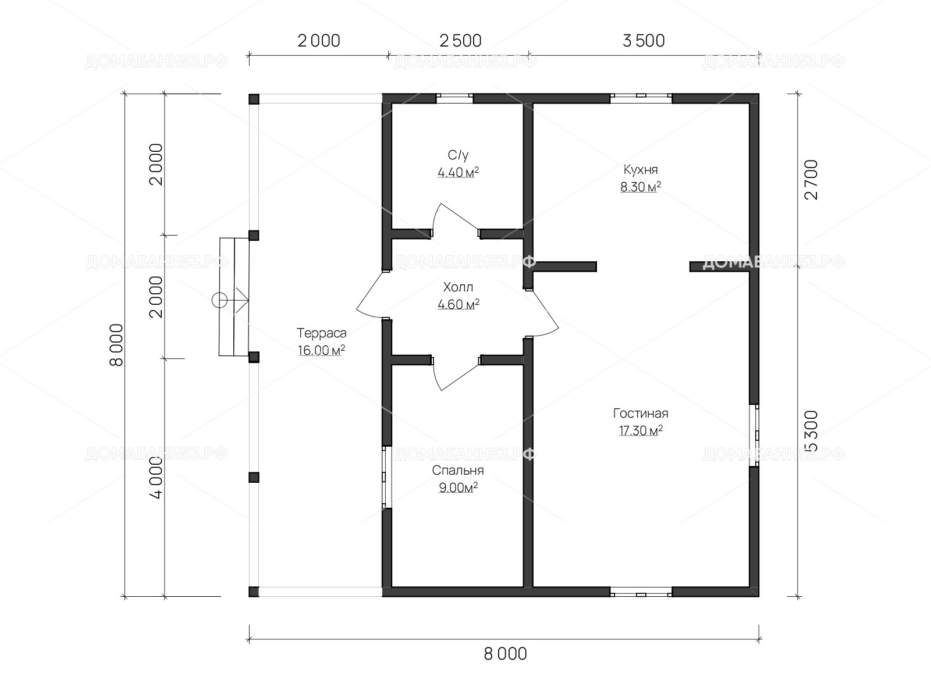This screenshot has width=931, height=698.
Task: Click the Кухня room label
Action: [x=641, y=170]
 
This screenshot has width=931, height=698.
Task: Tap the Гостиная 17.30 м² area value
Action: [x=641, y=430]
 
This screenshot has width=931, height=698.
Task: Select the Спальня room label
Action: [x=458, y=471]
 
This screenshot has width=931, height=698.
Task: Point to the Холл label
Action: [x=458, y=287]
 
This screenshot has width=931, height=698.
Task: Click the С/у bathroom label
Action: [x=458, y=155]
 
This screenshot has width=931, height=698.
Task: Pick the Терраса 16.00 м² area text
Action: [x=321, y=351]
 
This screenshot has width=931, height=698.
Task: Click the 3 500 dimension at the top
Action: [x=644, y=41]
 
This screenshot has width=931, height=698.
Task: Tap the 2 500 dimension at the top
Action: [x=460, y=41]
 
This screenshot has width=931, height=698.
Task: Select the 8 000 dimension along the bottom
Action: [x=505, y=654]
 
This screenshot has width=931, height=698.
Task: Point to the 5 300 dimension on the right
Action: [x=811, y=431]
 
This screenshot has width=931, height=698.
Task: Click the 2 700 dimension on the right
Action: [x=811, y=180]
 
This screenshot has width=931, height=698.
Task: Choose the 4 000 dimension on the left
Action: [x=157, y=478]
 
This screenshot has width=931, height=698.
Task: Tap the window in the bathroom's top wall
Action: [x=454, y=99]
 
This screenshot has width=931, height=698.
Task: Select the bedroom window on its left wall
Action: [x=386, y=477]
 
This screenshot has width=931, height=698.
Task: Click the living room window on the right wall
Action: [x=754, y=435]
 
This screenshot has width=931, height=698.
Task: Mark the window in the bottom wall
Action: [x=641, y=592]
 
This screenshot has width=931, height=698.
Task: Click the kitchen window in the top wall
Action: [x=641, y=99]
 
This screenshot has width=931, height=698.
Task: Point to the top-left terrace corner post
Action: [x=254, y=99]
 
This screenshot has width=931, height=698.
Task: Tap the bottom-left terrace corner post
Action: [x=254, y=592]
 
